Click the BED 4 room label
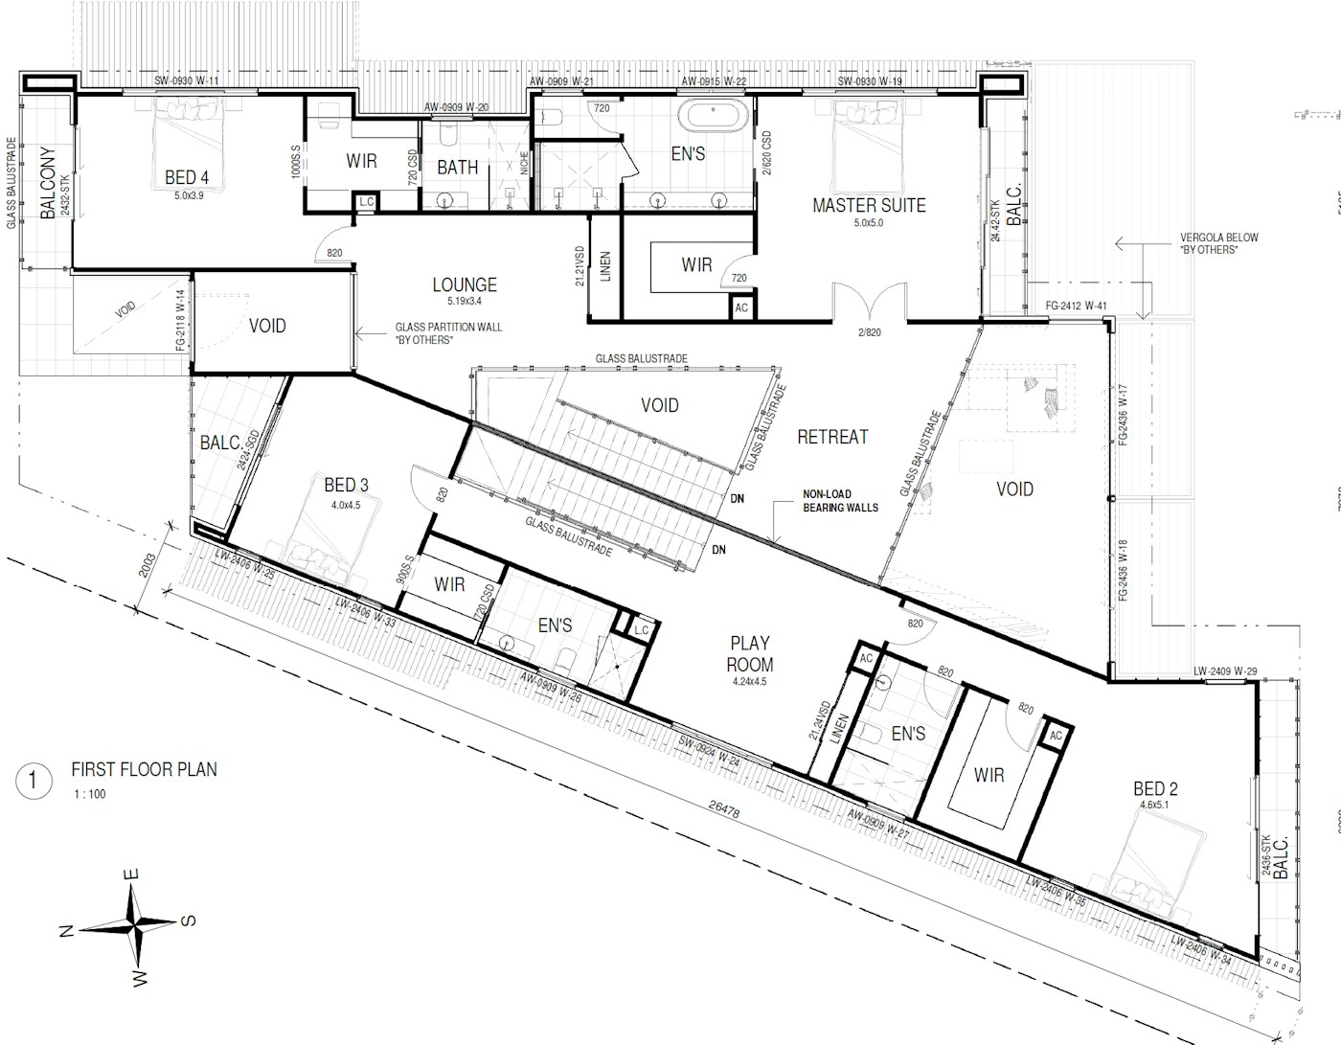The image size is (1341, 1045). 187,177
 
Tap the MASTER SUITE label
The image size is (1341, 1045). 869,205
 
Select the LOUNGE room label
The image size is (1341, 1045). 465,284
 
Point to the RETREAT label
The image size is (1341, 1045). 832,437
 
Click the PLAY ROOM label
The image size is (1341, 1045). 749,654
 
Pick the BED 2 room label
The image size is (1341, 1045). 1155,789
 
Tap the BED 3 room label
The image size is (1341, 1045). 346,485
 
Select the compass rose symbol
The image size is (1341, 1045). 131,923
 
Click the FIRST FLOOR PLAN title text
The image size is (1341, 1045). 144,769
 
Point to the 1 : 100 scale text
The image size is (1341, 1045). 90,794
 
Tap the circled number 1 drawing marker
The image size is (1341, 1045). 34,781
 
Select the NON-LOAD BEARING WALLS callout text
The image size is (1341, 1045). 840,501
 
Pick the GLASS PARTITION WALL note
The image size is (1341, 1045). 448,333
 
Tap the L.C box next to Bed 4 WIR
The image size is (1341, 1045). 366,202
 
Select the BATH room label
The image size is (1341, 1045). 458,167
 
